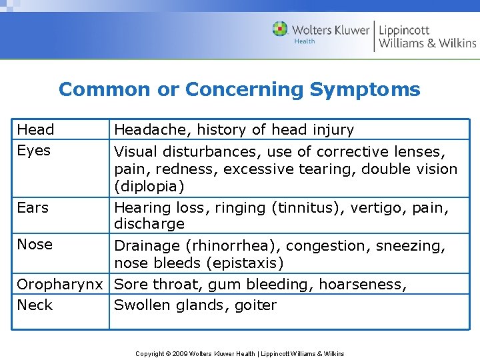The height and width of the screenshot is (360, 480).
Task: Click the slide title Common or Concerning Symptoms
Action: (x=239, y=89)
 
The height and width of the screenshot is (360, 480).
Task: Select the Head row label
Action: (x=35, y=129)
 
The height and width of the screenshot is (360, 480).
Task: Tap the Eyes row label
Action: (x=33, y=151)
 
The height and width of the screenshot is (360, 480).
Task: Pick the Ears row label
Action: (x=33, y=208)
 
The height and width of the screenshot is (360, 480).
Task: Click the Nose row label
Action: (x=35, y=245)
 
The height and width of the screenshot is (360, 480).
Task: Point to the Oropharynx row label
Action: (x=60, y=285)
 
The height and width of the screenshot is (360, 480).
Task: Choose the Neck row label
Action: (x=35, y=305)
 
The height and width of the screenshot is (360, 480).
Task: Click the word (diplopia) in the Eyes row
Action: (x=149, y=186)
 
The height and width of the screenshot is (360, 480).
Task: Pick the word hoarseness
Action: (x=362, y=285)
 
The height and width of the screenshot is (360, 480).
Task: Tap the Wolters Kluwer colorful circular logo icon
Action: (x=280, y=29)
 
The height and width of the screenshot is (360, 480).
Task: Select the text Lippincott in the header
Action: (x=404, y=30)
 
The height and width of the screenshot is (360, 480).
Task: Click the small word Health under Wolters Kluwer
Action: (x=305, y=41)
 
